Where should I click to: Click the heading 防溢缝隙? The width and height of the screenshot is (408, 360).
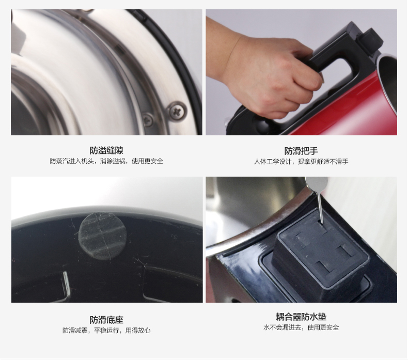(x=106, y=150)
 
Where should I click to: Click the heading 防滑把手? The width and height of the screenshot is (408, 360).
(x=301, y=151)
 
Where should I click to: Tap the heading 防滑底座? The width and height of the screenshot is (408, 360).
(x=106, y=320)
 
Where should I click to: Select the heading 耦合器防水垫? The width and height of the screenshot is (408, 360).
(x=301, y=317)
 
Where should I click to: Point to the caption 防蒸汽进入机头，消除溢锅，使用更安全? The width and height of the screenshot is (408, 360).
(x=106, y=161)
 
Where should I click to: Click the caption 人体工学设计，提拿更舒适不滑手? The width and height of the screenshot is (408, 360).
(x=301, y=162)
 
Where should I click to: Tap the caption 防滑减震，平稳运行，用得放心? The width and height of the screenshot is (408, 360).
(x=106, y=331)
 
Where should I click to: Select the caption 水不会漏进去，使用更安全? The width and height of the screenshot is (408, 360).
(x=301, y=327)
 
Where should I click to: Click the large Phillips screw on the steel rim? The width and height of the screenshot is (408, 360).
(x=177, y=111)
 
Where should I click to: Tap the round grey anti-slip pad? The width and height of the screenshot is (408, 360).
(x=103, y=236)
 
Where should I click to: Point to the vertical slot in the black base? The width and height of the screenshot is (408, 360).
(x=66, y=285)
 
